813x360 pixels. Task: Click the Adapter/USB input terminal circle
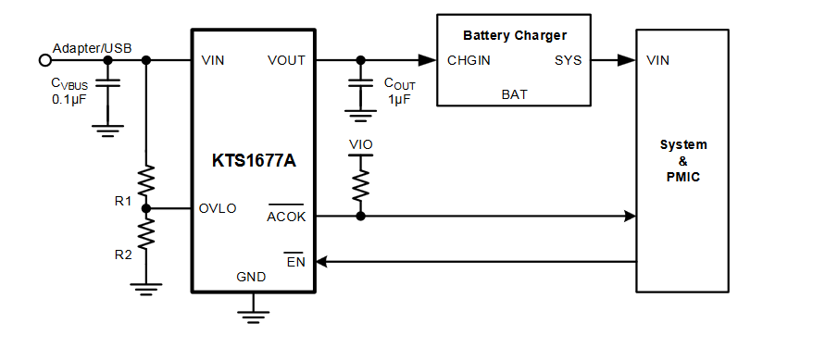pyautogui.click(x=44, y=61)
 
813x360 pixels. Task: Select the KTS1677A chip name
pyautogui.click(x=253, y=160)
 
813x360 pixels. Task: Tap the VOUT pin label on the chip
pyautogui.click(x=286, y=61)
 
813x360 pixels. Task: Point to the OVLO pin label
pyautogui.click(x=218, y=208)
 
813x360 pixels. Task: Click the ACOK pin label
pyautogui.click(x=285, y=217)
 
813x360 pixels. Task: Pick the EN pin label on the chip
pyautogui.click(x=295, y=261)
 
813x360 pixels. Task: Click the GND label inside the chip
pyautogui.click(x=251, y=276)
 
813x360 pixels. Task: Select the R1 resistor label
pyautogui.click(x=123, y=200)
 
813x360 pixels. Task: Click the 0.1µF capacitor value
pyautogui.click(x=70, y=98)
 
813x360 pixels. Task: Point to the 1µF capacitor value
pyautogui.click(x=398, y=99)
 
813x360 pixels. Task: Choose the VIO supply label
pyautogui.click(x=361, y=144)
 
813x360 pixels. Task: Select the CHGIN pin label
pyautogui.click(x=469, y=61)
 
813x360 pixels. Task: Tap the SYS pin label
pyautogui.click(x=568, y=61)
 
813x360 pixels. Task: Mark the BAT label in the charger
pyautogui.click(x=514, y=93)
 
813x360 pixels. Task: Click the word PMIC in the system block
pyautogui.click(x=683, y=176)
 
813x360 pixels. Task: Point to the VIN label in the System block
pyautogui.click(x=658, y=61)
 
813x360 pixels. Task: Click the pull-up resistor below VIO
pyautogui.click(x=361, y=185)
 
